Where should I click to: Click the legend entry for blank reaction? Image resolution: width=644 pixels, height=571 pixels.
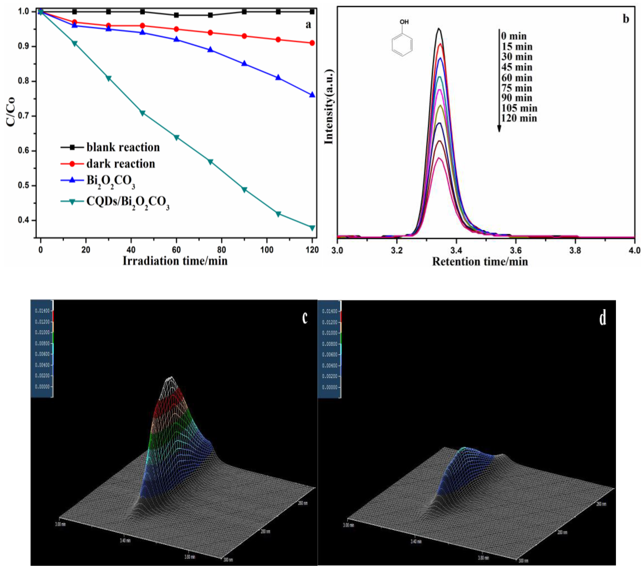tap(123, 147)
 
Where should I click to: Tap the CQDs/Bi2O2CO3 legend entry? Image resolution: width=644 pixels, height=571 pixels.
tap(128, 202)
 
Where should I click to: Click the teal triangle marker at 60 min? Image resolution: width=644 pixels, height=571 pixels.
tap(177, 137)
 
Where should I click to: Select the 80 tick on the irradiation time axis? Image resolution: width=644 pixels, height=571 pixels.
tap(222, 250)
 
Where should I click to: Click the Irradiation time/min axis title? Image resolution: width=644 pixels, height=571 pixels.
tap(175, 261)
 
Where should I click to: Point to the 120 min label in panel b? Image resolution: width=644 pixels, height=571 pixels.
tap(519, 119)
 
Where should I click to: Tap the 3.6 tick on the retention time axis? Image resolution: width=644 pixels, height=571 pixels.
tap(515, 251)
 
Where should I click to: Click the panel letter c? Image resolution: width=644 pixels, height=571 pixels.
tap(305, 318)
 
